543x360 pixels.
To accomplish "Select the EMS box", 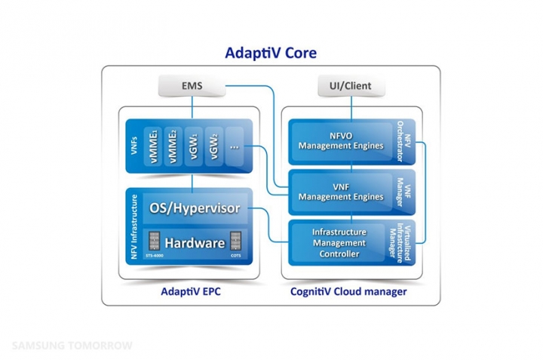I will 192,86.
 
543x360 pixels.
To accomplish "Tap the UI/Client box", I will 351,86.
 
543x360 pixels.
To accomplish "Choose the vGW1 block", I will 194,146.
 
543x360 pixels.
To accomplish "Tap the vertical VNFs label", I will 133,146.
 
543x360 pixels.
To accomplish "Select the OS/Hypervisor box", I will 195,208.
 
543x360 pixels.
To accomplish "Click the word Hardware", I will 195,243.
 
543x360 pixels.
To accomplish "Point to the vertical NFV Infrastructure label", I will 133,226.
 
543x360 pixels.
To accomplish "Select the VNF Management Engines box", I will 341,192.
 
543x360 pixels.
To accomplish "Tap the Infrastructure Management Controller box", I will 339,243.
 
